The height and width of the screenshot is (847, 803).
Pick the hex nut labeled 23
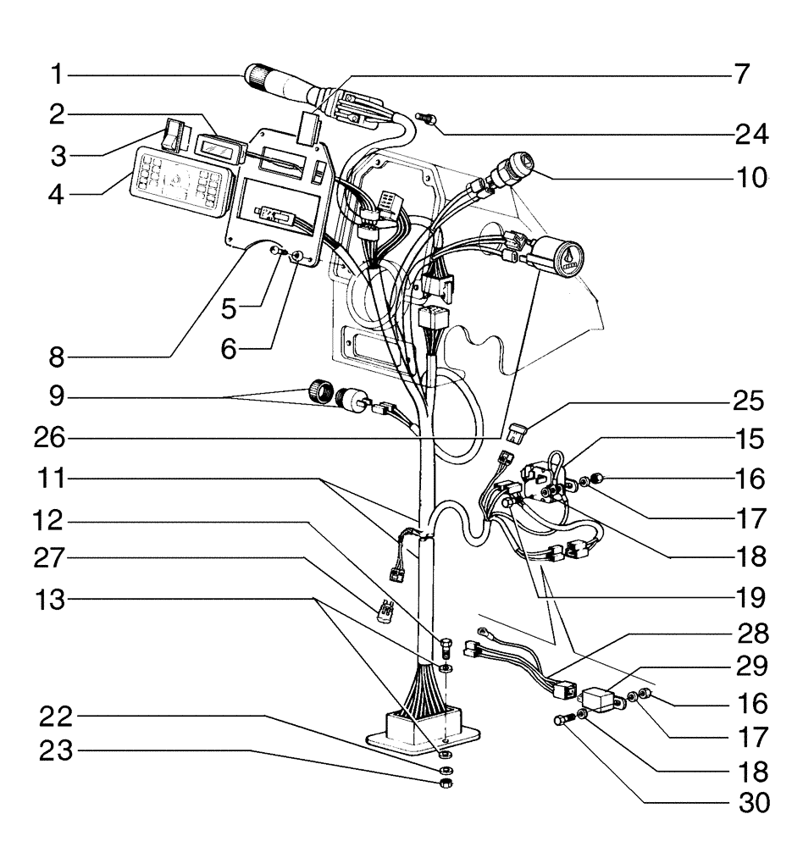pos(448,784)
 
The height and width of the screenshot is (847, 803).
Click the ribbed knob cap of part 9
pos(316,393)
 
